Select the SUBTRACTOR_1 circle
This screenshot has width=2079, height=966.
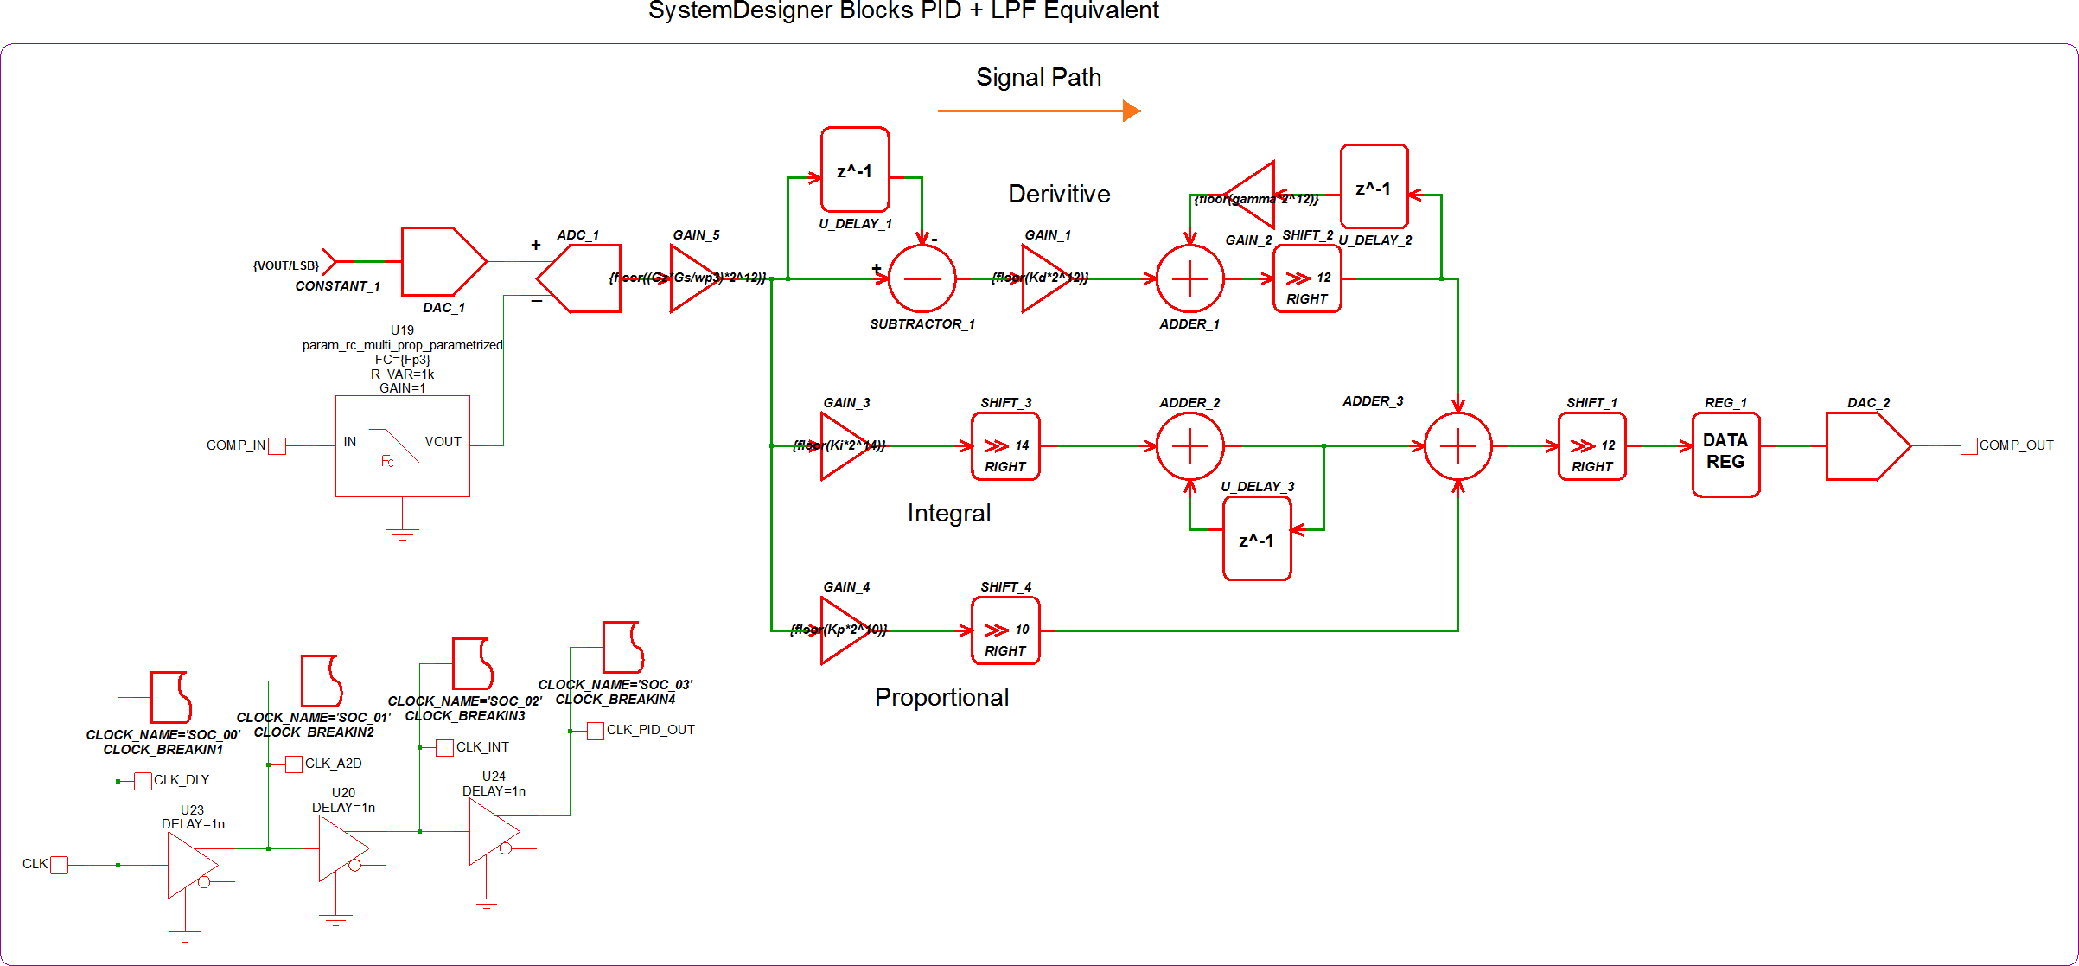pos(922,278)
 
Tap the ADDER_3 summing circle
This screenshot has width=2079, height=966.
pos(1457,446)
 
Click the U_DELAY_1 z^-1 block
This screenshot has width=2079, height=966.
pos(855,170)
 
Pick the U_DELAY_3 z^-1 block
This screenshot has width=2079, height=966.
pos(1257,541)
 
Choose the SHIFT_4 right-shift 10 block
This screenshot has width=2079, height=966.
pos(1005,630)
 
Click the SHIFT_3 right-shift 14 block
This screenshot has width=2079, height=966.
pos(1005,446)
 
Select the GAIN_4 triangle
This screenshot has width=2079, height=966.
pos(840,630)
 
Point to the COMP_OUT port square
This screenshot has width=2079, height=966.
pos(1969,446)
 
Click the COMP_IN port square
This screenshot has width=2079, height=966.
pos(277,446)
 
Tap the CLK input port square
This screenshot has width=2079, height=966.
pos(59,865)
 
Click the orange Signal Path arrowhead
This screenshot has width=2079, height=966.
pos(1131,111)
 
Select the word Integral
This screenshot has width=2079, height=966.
pos(948,514)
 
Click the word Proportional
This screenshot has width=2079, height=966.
pos(941,698)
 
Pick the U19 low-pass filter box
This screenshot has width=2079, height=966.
pos(403,446)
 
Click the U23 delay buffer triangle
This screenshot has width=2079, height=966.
pos(188,865)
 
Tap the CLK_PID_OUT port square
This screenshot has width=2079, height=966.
pos(595,731)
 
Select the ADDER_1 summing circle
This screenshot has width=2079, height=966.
pos(1189,278)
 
